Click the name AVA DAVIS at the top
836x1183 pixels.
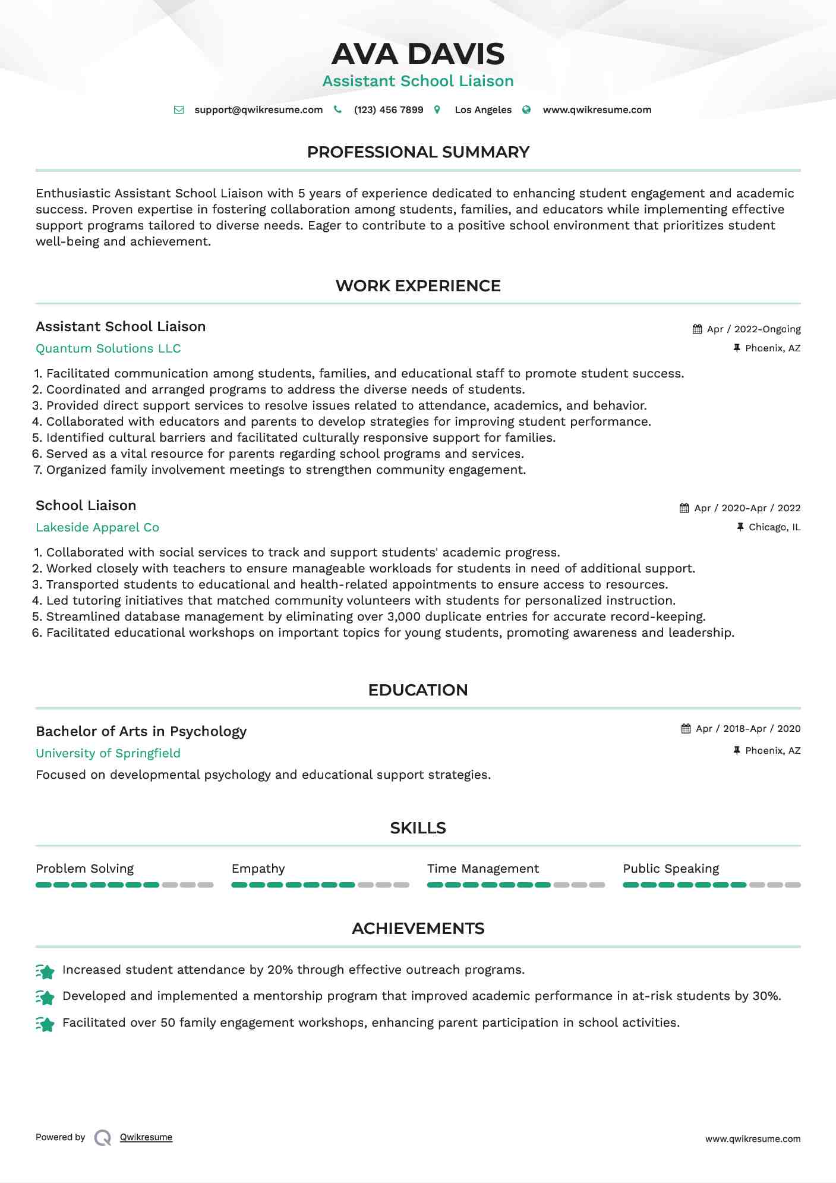pyautogui.click(x=418, y=54)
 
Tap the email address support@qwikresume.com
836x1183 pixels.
pyautogui.click(x=258, y=110)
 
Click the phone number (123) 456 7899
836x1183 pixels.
pyautogui.click(x=389, y=110)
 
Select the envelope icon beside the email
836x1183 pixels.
pyautogui.click(x=179, y=110)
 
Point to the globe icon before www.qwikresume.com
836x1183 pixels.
pyautogui.click(x=526, y=110)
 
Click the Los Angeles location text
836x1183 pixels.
pyautogui.click(x=483, y=110)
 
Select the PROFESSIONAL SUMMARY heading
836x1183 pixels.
pyautogui.click(x=418, y=152)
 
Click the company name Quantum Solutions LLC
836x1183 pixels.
pyautogui.click(x=108, y=348)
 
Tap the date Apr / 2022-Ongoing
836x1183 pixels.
pyautogui.click(x=753, y=329)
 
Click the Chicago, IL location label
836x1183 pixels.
pyautogui.click(x=774, y=527)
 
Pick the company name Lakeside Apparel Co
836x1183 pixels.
pyautogui.click(x=97, y=527)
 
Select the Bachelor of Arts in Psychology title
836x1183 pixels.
pyautogui.click(x=141, y=731)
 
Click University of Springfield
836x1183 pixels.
pyautogui.click(x=108, y=753)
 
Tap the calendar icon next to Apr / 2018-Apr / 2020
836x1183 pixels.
pyautogui.click(x=686, y=729)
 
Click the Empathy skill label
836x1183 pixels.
pyautogui.click(x=258, y=869)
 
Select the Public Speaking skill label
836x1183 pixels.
pyautogui.click(x=671, y=869)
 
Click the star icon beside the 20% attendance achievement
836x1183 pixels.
pyautogui.click(x=45, y=971)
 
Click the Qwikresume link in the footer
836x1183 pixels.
pyautogui.click(x=146, y=1137)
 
